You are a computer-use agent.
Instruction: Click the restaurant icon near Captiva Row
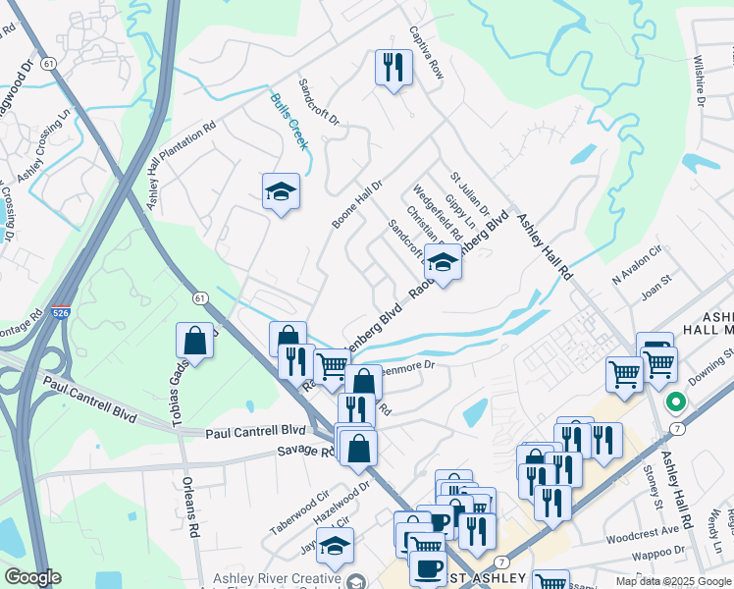click(393, 68)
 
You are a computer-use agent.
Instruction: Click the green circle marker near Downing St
click(675, 402)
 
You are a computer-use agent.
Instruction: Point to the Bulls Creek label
click(289, 121)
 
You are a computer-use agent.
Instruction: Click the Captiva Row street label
click(428, 53)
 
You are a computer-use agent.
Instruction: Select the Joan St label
click(654, 292)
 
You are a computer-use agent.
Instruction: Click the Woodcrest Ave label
click(643, 531)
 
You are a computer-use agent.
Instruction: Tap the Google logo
click(32, 578)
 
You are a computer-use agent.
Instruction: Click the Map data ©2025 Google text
click(672, 581)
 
